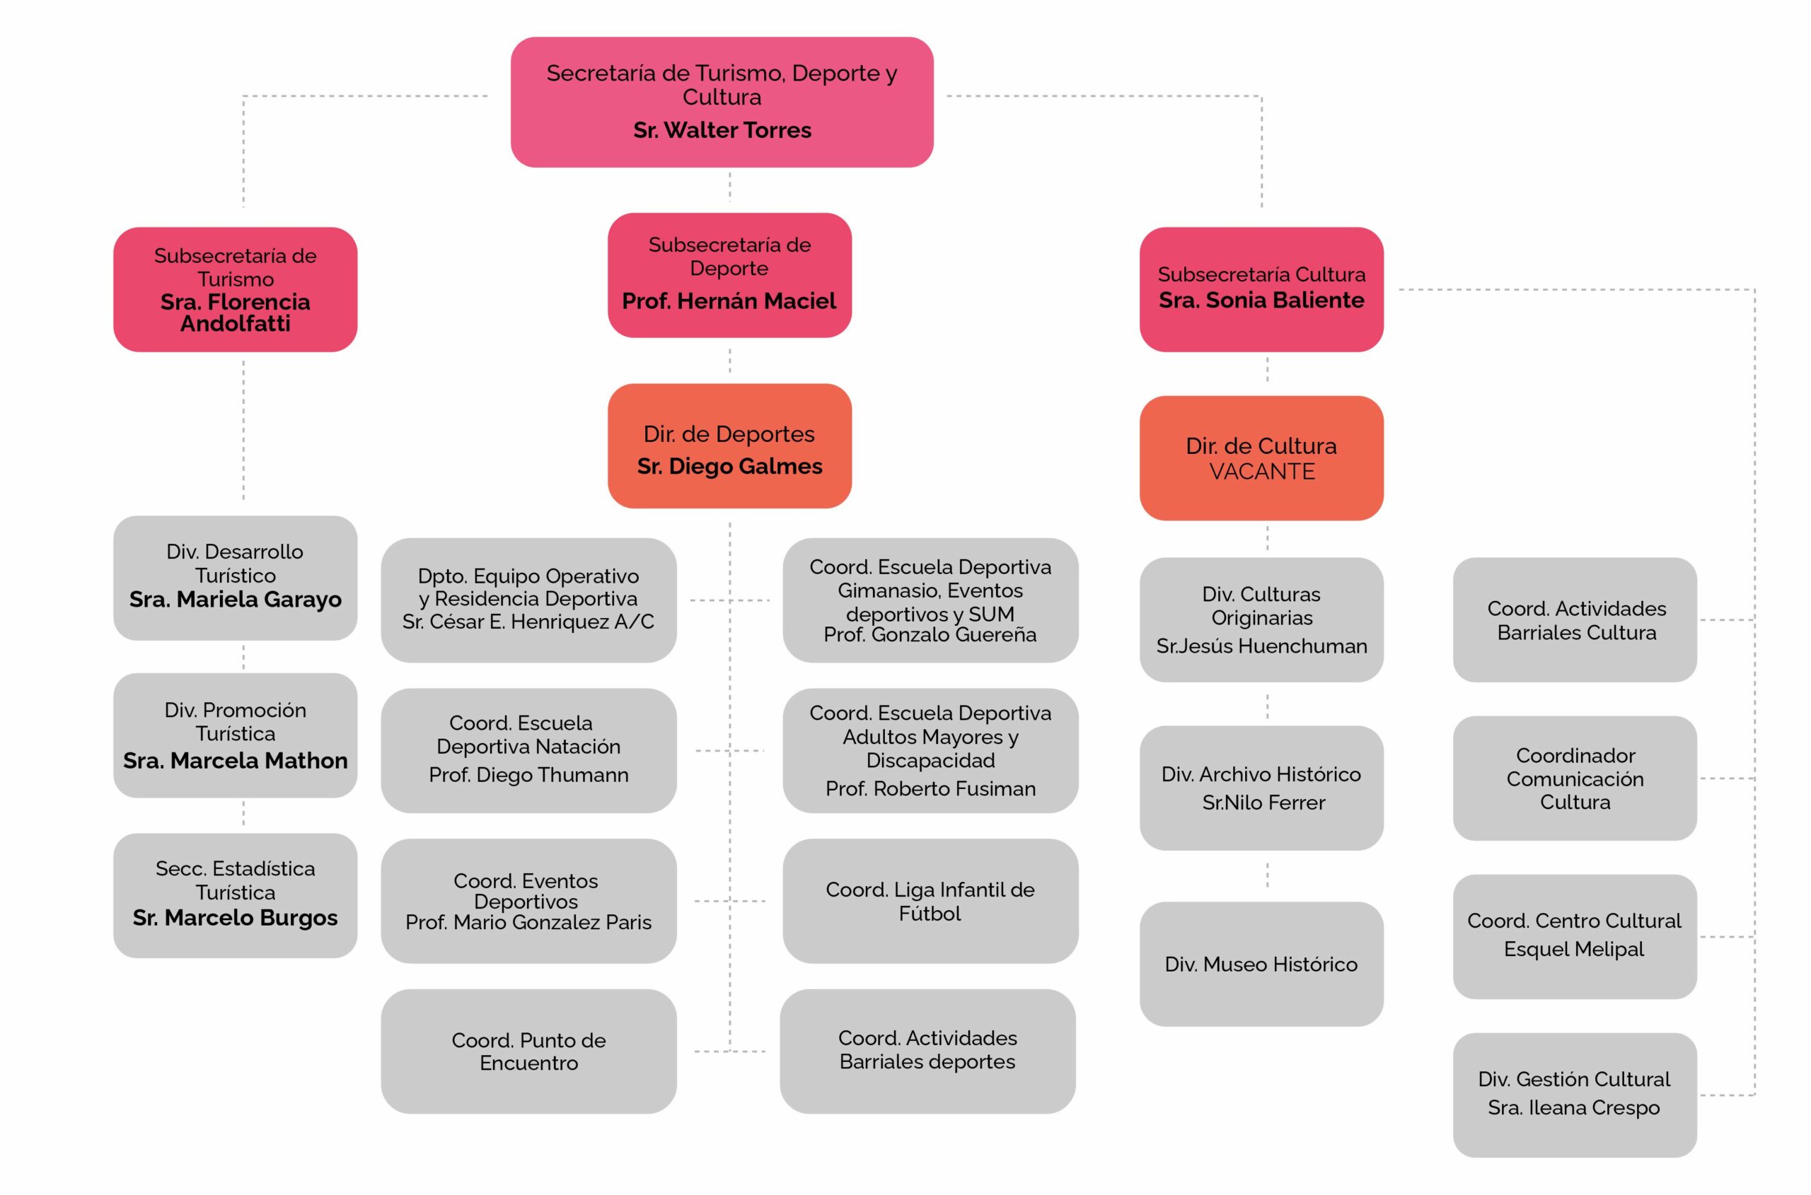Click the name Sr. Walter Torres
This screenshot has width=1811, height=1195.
(x=722, y=130)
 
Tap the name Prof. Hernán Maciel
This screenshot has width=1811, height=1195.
(x=729, y=301)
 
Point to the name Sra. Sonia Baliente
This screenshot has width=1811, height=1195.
(x=1261, y=301)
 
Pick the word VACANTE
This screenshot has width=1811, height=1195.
(x=1262, y=472)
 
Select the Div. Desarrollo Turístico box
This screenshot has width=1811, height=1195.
(x=235, y=577)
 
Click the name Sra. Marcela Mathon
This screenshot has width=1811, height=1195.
(x=235, y=761)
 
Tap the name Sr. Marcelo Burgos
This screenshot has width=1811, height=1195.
(x=235, y=918)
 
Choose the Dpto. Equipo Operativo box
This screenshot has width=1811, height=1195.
(x=528, y=600)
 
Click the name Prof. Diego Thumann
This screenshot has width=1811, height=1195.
(x=528, y=775)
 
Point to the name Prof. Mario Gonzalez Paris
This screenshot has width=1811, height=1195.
(x=528, y=922)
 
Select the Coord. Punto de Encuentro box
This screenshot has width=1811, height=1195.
(x=528, y=1051)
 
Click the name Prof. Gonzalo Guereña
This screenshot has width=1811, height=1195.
(x=930, y=635)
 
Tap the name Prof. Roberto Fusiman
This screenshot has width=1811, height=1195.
(x=930, y=789)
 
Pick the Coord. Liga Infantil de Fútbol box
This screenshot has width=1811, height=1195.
(x=930, y=901)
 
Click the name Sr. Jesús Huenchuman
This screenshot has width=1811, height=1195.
(x=1261, y=646)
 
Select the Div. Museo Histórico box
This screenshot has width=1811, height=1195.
(x=1261, y=964)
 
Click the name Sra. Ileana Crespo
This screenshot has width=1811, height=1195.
(x=1573, y=1107)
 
